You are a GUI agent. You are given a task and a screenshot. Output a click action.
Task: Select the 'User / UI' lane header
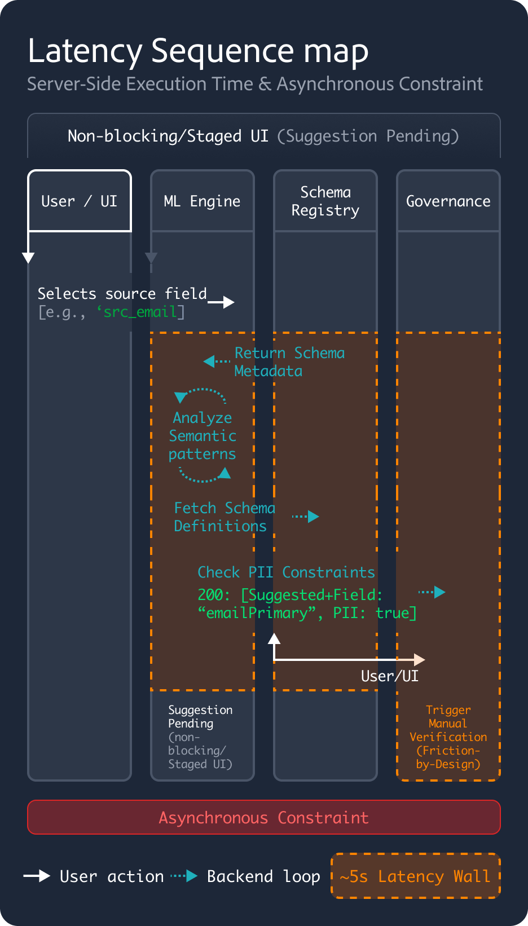click(80, 201)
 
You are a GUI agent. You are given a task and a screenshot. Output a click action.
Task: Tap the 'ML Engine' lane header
click(202, 201)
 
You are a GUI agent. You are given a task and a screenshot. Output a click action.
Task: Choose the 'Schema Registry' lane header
click(325, 201)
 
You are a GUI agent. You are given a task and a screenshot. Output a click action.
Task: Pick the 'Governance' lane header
click(448, 201)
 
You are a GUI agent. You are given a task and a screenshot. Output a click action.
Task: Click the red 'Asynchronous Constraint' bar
click(263, 817)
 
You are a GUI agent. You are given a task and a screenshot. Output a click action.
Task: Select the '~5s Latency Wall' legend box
click(415, 876)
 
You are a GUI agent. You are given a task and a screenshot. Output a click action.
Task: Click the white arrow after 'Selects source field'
click(221, 302)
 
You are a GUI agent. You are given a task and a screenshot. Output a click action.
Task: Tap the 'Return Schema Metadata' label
click(289, 362)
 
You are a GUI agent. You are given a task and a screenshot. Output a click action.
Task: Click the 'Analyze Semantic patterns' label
click(202, 435)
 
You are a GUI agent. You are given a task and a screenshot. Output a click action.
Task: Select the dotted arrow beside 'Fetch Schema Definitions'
click(306, 516)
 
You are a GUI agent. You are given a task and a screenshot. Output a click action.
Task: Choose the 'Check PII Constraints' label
click(286, 572)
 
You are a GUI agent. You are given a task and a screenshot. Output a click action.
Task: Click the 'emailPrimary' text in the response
click(257, 613)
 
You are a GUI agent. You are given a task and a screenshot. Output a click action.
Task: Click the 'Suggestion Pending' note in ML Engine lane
click(200, 716)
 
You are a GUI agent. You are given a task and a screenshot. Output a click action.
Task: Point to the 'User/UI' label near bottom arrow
click(389, 676)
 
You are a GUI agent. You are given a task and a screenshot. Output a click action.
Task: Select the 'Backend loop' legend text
click(263, 876)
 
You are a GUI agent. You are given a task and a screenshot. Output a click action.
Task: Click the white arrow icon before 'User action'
click(37, 876)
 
